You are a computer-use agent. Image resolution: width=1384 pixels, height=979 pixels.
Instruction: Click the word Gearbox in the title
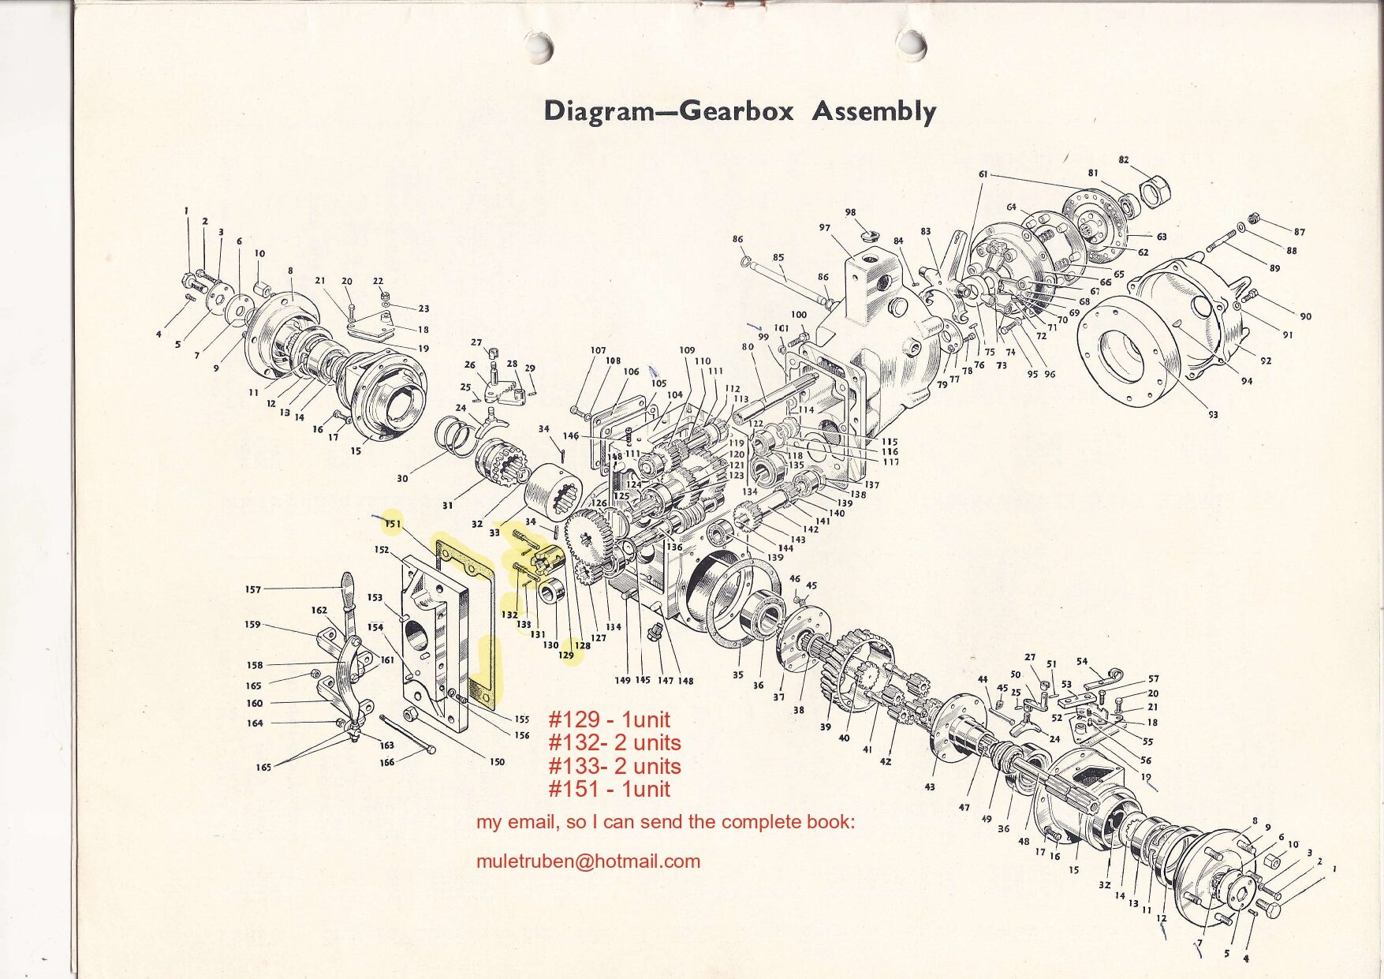pyautogui.click(x=735, y=110)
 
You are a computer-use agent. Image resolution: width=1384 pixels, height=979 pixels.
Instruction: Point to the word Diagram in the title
pyautogui.click(x=599, y=111)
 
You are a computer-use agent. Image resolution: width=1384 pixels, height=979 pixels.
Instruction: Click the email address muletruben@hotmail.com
pyautogui.click(x=588, y=861)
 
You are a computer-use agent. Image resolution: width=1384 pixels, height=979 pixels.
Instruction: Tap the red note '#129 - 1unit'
pyautogui.click(x=609, y=719)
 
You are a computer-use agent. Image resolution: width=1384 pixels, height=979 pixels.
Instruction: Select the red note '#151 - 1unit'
pyautogui.click(x=609, y=789)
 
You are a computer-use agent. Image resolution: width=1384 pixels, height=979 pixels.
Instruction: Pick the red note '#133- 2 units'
pyautogui.click(x=614, y=766)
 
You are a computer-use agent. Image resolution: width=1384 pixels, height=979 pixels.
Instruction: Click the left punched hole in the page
pyautogui.click(x=538, y=45)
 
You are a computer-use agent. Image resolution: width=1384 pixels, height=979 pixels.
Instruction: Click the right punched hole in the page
pyautogui.click(x=912, y=44)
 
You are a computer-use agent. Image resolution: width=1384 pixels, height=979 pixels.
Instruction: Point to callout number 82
pyautogui.click(x=1123, y=159)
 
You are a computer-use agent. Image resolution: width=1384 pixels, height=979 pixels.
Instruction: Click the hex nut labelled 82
pyautogui.click(x=1155, y=190)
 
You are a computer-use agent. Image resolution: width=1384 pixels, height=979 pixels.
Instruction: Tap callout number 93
pyautogui.click(x=1212, y=414)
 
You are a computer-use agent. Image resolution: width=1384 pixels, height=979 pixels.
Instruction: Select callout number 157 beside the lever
pyautogui.click(x=252, y=589)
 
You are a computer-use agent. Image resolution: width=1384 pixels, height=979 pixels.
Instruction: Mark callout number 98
pyautogui.click(x=850, y=212)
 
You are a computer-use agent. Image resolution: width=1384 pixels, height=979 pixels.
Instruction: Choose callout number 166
pyautogui.click(x=387, y=762)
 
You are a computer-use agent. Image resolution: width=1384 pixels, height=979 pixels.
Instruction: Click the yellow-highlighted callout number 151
pyautogui.click(x=393, y=524)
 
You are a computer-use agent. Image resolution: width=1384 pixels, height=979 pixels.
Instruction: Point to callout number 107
pyautogui.click(x=598, y=350)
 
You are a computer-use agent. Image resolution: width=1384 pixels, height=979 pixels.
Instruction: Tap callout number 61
pyautogui.click(x=983, y=174)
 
